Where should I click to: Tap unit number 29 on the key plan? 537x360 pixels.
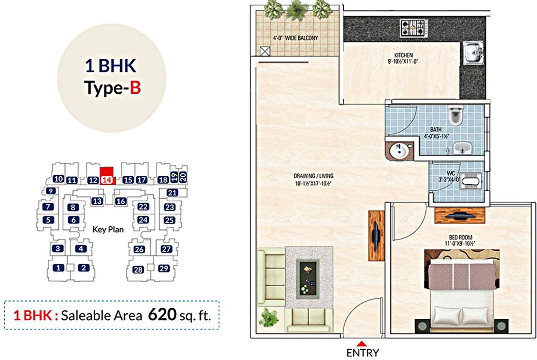163,269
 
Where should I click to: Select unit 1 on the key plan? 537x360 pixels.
58,268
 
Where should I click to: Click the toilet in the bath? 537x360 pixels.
455,114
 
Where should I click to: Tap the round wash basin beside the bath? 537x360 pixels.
398,150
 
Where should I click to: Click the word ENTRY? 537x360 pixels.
363,353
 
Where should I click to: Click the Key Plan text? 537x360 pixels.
108,229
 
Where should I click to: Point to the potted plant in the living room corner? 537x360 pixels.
269,317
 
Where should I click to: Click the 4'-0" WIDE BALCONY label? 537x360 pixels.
295,38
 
